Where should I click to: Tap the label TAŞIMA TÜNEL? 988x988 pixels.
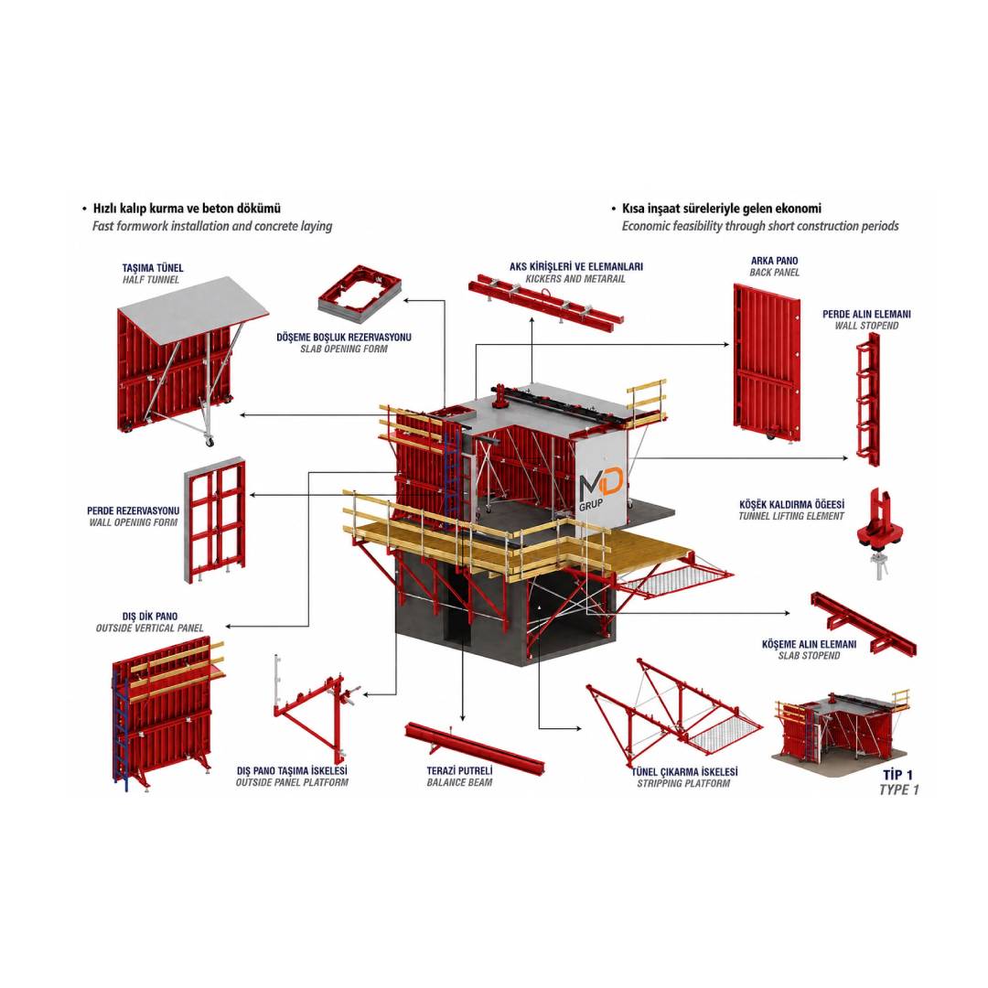click(x=153, y=268)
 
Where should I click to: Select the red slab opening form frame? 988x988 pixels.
click(x=360, y=292)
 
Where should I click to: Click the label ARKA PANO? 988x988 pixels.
click(x=774, y=260)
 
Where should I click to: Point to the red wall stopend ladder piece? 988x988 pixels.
click(x=867, y=399)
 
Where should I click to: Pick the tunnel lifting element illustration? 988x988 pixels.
click(x=881, y=532)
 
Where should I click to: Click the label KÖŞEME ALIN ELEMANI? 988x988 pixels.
click(x=809, y=644)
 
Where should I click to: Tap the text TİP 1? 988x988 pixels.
click(x=897, y=775)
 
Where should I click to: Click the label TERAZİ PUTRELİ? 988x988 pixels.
click(x=459, y=770)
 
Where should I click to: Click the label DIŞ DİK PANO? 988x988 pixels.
click(x=150, y=617)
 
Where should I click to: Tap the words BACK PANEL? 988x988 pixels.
click(x=775, y=273)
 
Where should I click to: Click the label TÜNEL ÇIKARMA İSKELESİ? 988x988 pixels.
click(x=684, y=771)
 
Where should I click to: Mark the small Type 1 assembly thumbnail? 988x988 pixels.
click(x=842, y=730)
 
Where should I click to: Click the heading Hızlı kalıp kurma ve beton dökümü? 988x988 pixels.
click(x=188, y=208)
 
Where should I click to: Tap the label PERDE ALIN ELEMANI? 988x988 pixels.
click(x=866, y=314)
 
